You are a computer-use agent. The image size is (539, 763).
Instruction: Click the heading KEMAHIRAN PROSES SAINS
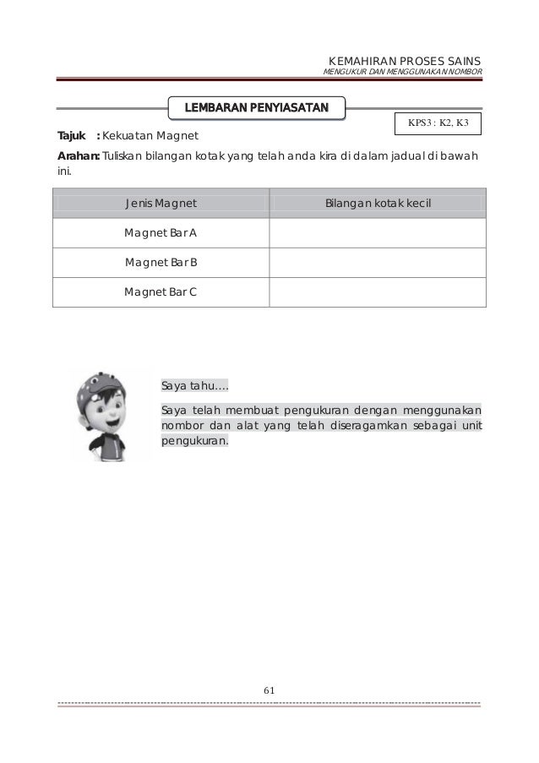point(403,62)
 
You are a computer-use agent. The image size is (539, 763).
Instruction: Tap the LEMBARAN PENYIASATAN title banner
point(259,108)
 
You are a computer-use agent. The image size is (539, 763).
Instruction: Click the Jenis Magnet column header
point(161,204)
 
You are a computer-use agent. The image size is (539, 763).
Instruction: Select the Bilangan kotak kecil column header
point(378,204)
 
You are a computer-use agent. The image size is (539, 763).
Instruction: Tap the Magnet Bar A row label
point(161,233)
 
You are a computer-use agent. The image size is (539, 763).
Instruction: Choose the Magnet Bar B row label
point(161,263)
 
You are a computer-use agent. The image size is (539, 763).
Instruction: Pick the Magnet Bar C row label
point(161,292)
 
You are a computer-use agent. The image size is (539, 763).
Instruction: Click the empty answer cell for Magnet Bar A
point(378,233)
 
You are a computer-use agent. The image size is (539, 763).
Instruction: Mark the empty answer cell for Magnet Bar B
point(378,263)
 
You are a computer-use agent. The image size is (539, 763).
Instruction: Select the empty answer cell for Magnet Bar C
point(378,292)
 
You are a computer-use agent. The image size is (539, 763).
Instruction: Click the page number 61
point(269,690)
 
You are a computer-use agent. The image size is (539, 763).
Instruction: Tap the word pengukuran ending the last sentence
point(193,441)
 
